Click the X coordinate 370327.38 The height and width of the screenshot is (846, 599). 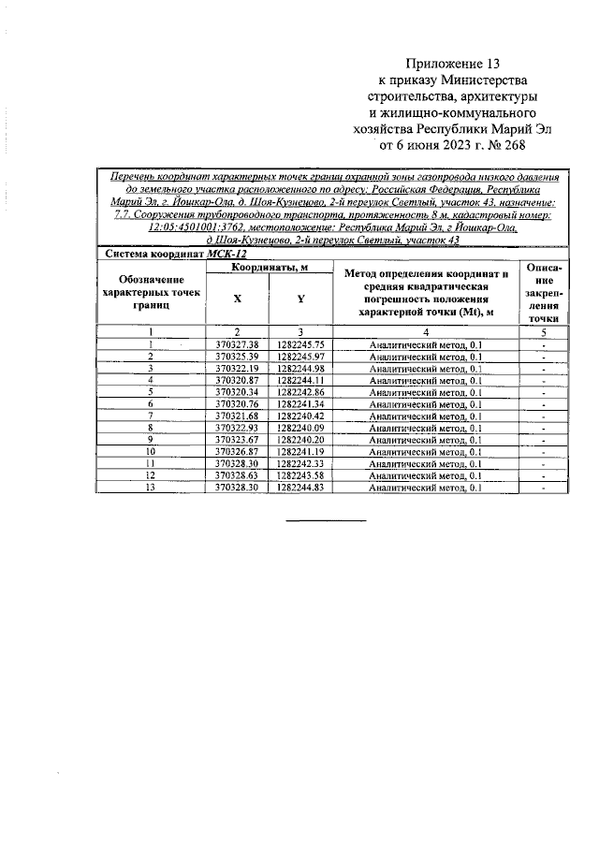[236, 344]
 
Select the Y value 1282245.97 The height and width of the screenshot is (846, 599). [300, 357]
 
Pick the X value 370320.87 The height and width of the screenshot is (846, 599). [236, 380]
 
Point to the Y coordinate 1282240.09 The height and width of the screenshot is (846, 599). [300, 428]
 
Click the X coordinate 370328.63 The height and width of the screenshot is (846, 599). [236, 475]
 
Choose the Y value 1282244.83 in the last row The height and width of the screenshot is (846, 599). [300, 488]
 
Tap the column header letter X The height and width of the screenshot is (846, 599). [236, 298]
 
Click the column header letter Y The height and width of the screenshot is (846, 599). [300, 298]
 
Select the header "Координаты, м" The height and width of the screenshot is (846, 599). [270, 268]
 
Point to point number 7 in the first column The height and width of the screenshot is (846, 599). [150, 416]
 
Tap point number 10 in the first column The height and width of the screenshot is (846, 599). [150, 452]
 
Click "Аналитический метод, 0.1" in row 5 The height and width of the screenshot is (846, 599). [425, 392]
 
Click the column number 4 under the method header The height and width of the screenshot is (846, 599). [425, 332]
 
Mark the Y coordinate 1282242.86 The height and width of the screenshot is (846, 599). [300, 392]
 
